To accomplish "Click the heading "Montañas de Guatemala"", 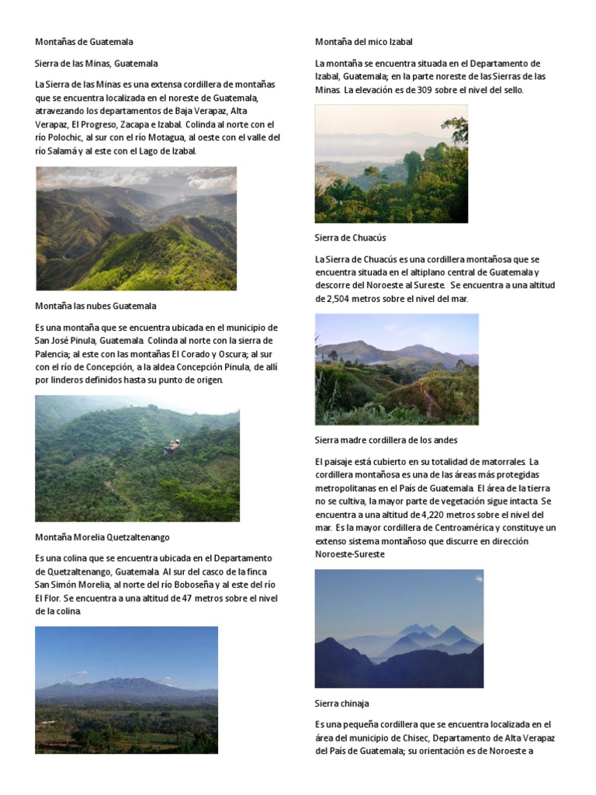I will coord(84,42).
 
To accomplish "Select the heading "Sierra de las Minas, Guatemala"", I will coord(96,64).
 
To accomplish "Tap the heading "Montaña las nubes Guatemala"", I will coord(95,306).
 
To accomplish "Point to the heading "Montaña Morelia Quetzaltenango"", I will coord(102,537).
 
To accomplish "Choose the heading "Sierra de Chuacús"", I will coord(350,238).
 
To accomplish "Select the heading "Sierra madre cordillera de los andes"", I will coord(386,440).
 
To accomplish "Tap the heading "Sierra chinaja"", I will coord(342,703).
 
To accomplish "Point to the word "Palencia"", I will coord(54,354).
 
